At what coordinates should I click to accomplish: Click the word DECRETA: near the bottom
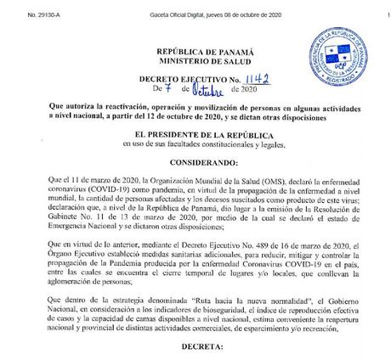[195, 347]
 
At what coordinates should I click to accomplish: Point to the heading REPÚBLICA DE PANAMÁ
[195, 52]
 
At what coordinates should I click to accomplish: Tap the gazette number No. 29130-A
[21, 8]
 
